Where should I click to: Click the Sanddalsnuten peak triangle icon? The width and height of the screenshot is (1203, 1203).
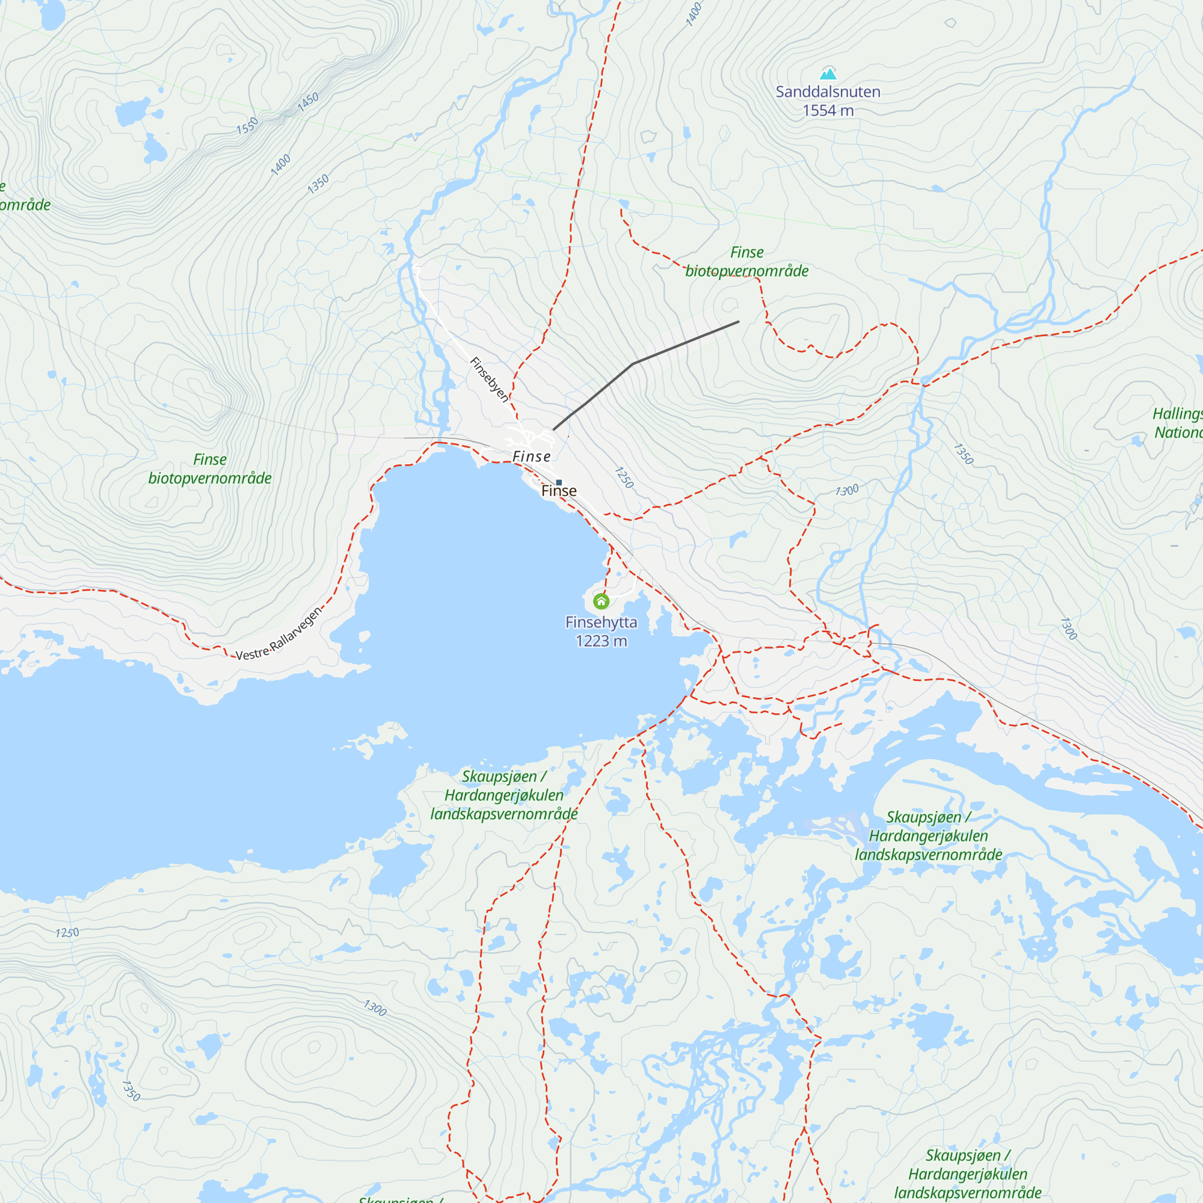[828, 74]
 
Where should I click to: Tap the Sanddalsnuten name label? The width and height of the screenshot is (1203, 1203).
[828, 92]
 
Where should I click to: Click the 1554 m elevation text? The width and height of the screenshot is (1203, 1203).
[828, 111]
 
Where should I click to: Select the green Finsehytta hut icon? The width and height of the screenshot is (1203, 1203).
[601, 601]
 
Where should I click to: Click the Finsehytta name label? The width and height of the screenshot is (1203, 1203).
[601, 622]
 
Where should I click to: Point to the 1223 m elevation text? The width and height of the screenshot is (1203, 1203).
[601, 641]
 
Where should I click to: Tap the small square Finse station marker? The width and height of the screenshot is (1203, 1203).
[559, 482]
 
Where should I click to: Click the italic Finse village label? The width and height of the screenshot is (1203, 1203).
[531, 457]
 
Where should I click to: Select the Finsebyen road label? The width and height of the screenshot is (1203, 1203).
[489, 380]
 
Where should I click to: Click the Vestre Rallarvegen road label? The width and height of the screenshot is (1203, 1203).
[279, 633]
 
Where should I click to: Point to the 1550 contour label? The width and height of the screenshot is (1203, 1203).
[247, 126]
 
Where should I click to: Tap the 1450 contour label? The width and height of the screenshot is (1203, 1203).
[307, 102]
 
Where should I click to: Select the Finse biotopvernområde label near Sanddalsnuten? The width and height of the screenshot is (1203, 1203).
[746, 262]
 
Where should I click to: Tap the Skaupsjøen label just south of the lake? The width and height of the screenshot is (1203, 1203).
[503, 795]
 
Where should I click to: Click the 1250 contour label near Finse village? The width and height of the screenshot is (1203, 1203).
[624, 478]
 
